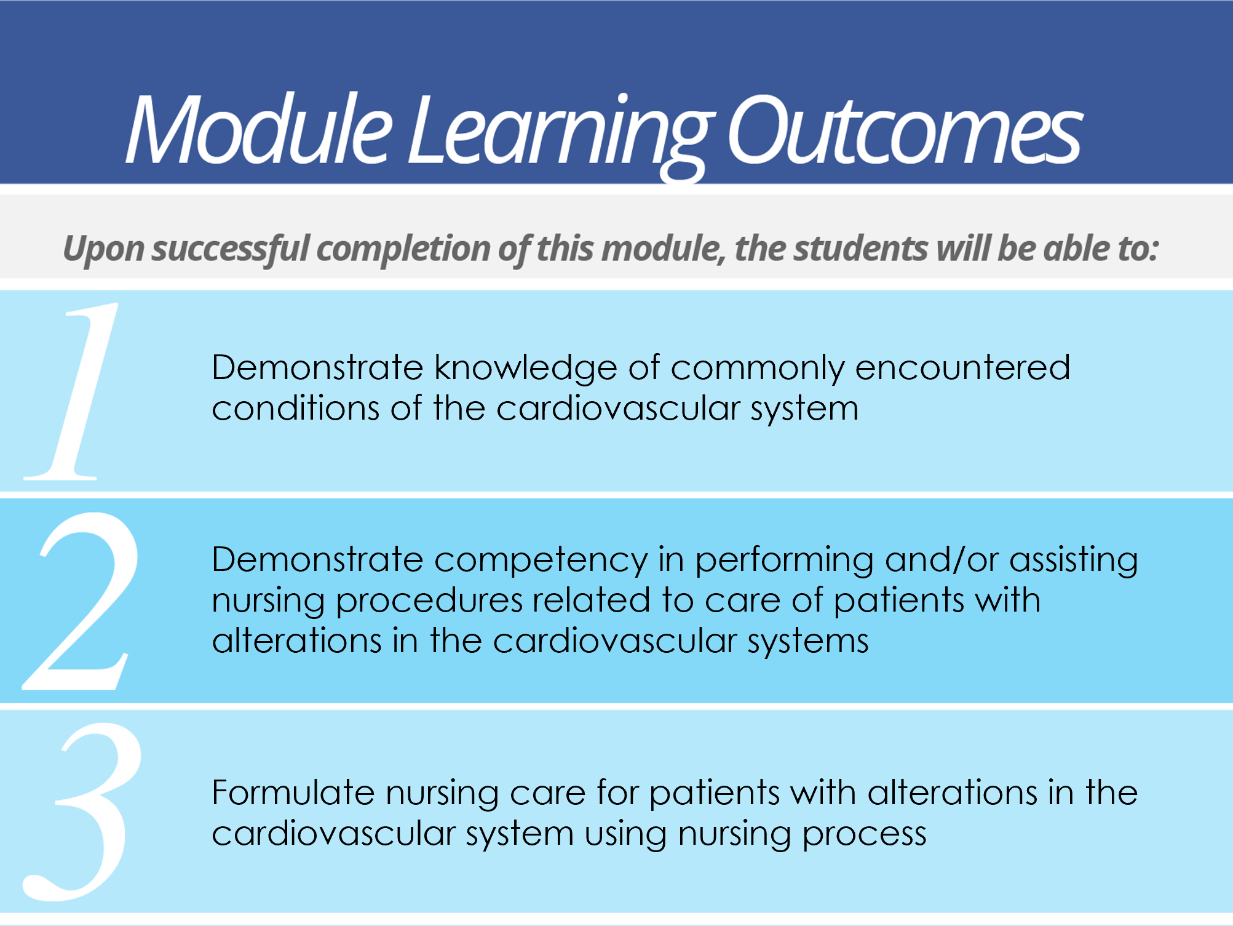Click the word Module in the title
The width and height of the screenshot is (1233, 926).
point(258,129)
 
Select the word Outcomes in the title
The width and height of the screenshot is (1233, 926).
point(904,130)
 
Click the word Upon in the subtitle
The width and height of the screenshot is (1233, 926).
point(103,250)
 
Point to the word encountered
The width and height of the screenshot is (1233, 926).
point(962,368)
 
